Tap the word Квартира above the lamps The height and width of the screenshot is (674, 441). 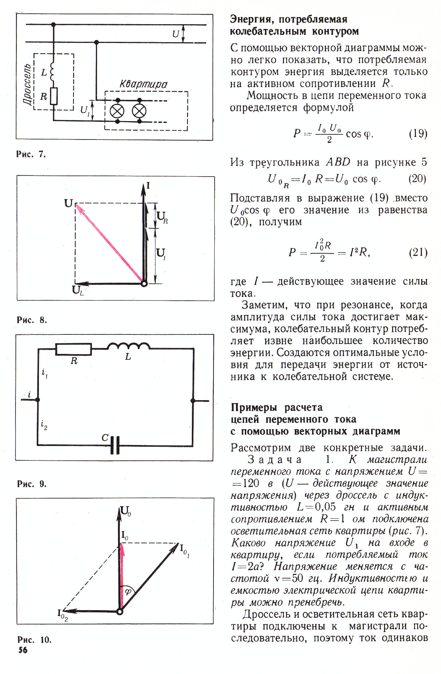pos(143,84)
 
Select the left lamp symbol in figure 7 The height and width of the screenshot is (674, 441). pos(118,110)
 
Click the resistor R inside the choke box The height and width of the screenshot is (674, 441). pos(54,97)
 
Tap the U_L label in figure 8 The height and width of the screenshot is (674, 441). pos(78,290)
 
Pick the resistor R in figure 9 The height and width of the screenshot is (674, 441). pos(73,349)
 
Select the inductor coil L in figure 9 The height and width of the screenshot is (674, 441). pos(128,346)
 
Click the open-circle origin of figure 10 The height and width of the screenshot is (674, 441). pos(119,611)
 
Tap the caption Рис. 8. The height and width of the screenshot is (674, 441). pos(32,320)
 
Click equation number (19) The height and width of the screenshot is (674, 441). pos(418,133)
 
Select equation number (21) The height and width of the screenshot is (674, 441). pos(418,253)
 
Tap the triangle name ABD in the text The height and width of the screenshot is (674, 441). pos(338,162)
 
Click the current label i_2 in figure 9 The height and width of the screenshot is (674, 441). pos(44,426)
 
